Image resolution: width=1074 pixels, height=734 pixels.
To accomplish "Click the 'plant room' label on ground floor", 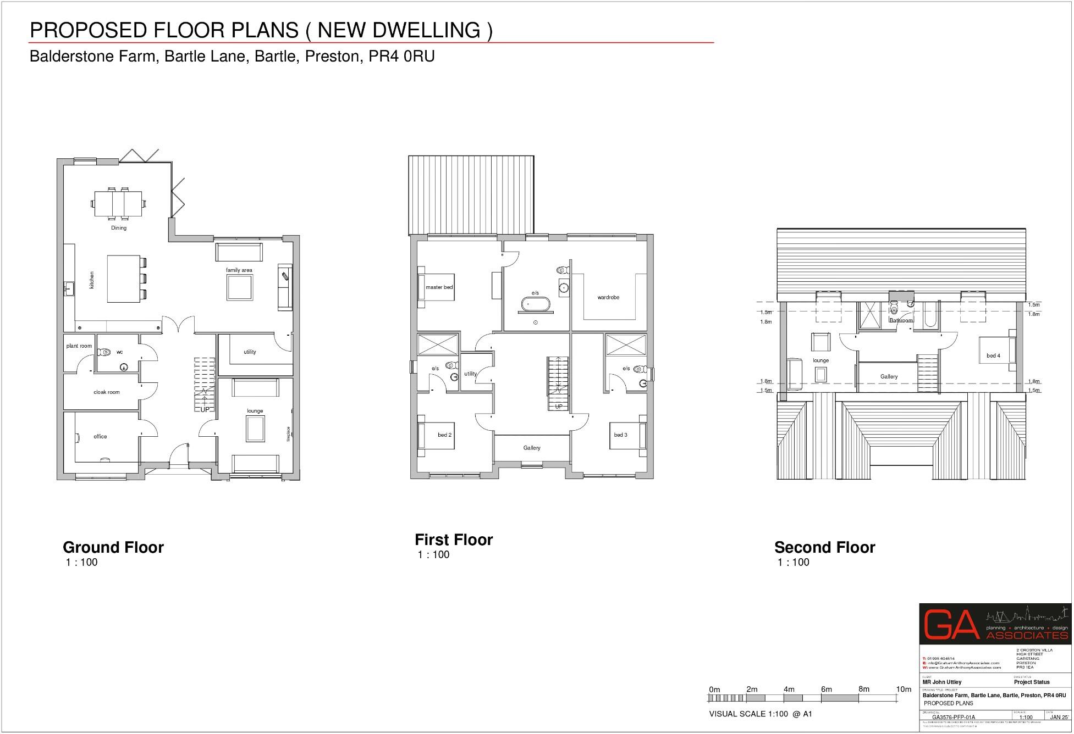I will point(79,346).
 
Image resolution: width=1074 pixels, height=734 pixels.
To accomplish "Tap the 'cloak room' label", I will point(106,392).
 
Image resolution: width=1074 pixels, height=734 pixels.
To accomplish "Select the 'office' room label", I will point(100,437).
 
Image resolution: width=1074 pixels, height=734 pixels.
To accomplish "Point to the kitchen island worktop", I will point(119,279).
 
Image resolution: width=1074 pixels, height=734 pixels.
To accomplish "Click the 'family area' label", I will point(239,270).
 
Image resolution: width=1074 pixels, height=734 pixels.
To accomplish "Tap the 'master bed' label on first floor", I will point(439,287).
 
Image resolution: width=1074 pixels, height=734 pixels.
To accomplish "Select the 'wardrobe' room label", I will point(608,297).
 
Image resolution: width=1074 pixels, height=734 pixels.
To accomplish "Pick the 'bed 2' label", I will point(444,435).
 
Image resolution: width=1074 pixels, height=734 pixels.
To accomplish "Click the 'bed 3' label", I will point(620,435).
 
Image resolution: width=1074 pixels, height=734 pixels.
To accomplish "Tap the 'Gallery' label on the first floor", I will point(532,448).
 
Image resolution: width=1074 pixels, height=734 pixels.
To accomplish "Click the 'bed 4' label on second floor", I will point(993,356).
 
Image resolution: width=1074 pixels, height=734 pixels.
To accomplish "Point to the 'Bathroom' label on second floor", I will point(901,321).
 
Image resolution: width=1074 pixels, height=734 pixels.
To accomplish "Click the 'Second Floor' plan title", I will point(824,548).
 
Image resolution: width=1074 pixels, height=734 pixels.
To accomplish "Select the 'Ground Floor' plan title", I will point(113,548).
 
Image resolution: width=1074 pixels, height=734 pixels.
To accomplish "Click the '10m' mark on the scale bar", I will point(904,689).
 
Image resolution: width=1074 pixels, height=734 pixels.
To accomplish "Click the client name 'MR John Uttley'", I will point(942,682).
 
